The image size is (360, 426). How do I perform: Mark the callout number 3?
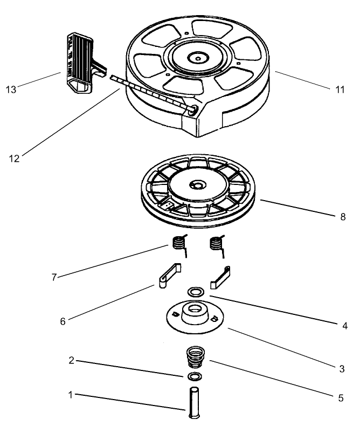tap(342, 369)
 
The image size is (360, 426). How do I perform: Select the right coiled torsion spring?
tap(216, 244)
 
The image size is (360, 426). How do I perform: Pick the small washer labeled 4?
tap(195, 292)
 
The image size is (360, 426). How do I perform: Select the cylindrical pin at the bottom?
tap(193, 401)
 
